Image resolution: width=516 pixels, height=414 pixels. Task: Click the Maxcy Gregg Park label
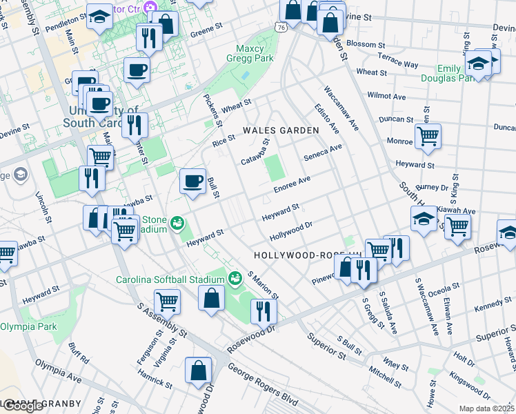click(x=255, y=53)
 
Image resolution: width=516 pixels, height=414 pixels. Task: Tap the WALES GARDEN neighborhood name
click(x=281, y=130)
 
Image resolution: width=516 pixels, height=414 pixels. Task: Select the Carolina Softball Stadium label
click(x=170, y=279)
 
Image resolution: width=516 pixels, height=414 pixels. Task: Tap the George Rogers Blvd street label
click(x=262, y=384)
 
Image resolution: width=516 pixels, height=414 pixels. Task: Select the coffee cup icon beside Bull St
click(x=192, y=181)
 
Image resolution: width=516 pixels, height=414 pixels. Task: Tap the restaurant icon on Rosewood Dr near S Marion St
click(x=263, y=310)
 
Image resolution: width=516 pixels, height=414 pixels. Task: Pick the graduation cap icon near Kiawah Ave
click(x=423, y=219)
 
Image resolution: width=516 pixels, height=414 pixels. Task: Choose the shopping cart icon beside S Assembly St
click(x=167, y=301)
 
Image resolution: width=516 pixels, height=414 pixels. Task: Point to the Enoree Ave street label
click(x=292, y=184)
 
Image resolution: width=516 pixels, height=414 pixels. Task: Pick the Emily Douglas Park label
click(x=458, y=73)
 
